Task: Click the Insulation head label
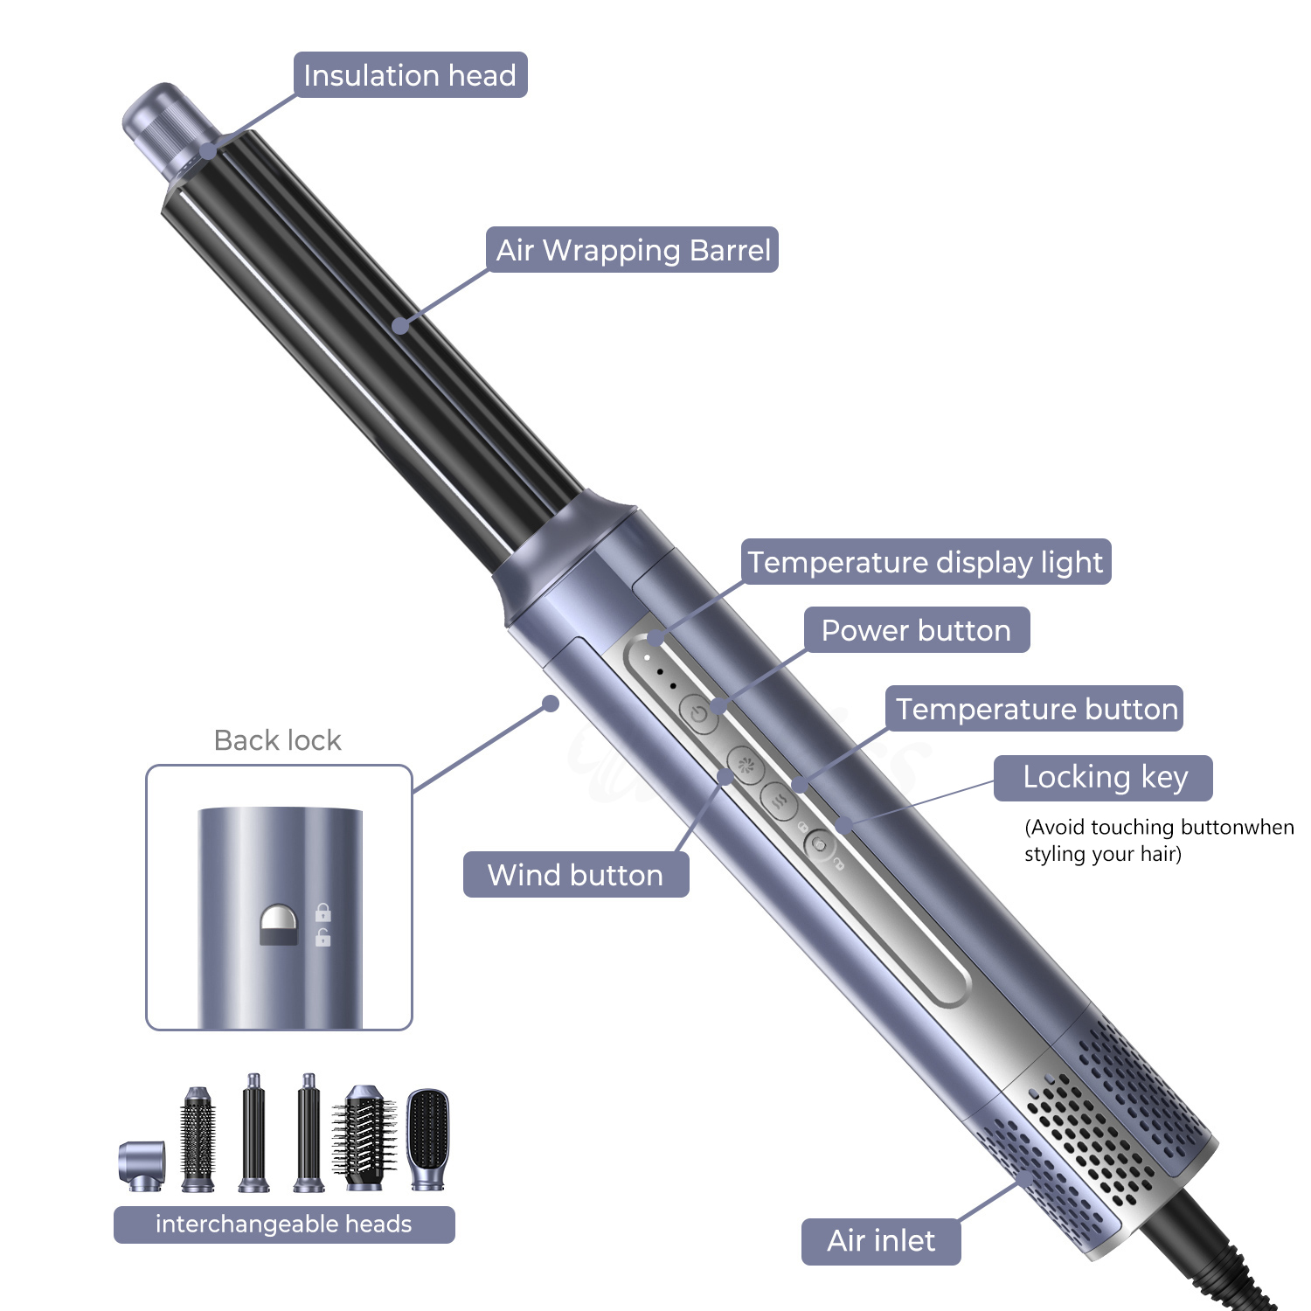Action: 410,75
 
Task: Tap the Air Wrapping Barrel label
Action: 633,250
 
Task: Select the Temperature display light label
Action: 926,562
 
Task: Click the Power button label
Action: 916,630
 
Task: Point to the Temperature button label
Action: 1036,709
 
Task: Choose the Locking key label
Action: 1104,777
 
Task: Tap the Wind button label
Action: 575,875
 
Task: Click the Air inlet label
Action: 880,1241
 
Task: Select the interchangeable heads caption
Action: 283,1224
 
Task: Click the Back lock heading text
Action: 277,740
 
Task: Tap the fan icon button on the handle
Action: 746,766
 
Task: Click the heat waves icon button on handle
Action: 779,800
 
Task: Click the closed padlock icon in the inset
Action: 323,912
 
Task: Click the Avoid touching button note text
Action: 1158,840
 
